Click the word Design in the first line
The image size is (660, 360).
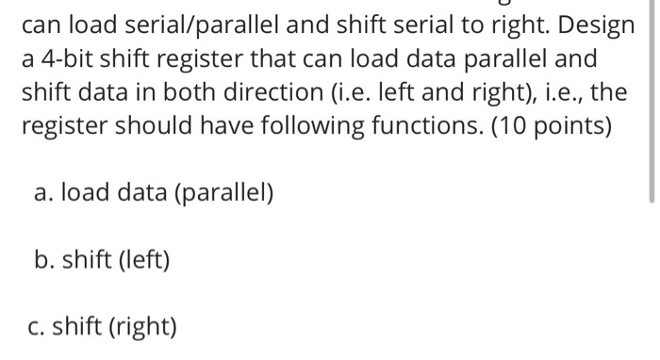point(597,25)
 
